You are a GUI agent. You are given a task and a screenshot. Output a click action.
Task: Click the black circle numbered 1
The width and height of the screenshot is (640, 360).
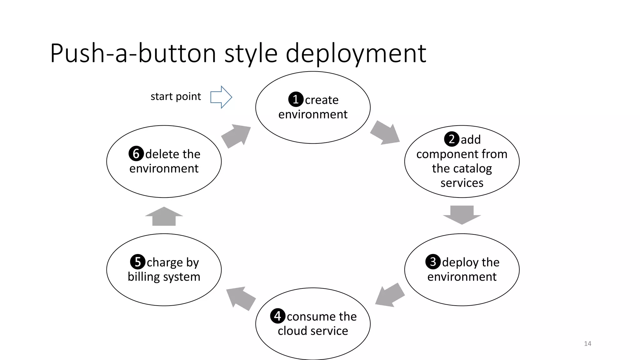point(296,99)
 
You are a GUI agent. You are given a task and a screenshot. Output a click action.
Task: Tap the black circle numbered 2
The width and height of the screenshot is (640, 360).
point(452,139)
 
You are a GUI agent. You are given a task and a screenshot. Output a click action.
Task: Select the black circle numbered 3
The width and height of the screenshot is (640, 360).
point(433,262)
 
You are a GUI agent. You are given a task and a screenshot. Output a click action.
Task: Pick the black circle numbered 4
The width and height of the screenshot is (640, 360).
point(277,316)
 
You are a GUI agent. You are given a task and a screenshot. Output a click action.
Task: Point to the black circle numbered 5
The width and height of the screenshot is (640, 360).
point(137,262)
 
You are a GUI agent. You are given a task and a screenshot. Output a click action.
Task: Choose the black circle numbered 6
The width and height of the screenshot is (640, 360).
point(136,153)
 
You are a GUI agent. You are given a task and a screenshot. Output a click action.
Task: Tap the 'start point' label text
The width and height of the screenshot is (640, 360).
point(176,97)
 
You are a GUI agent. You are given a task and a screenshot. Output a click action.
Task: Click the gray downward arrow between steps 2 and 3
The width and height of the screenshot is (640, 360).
point(462,214)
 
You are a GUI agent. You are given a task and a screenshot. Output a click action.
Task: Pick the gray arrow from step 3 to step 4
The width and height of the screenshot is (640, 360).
point(389,295)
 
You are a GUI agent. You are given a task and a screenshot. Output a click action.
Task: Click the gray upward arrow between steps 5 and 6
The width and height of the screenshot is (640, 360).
point(164,217)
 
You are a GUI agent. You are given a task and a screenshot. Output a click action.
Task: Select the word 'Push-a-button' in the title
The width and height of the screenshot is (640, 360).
point(133,53)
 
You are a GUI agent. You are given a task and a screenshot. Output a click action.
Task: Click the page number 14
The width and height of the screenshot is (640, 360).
point(587,343)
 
